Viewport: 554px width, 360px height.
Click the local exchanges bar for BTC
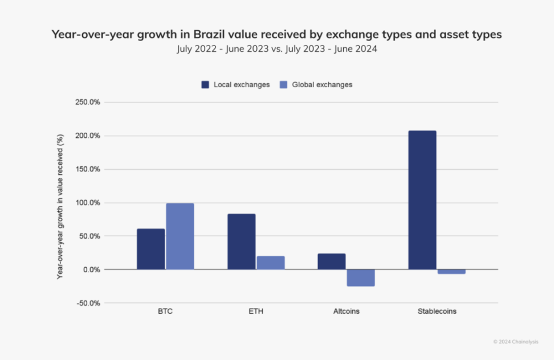(150, 249)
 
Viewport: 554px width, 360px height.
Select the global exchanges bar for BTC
(180, 236)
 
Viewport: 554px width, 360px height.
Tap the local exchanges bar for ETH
(241, 242)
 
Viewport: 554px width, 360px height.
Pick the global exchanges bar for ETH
(270, 263)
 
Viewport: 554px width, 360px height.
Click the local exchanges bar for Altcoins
(331, 261)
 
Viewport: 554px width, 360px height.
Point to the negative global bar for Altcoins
(361, 277)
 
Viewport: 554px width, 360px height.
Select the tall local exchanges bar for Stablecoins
(422, 200)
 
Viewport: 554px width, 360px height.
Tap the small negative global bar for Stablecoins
(451, 272)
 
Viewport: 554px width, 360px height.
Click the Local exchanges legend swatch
(205, 85)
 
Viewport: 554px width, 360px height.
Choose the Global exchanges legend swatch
(283, 85)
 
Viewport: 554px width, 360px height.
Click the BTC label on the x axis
(166, 312)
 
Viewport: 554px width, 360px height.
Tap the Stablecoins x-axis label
(437, 312)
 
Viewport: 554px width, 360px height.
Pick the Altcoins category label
(347, 312)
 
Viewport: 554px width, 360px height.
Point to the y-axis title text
(60, 206)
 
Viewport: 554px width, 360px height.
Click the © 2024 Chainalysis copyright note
(515, 342)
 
